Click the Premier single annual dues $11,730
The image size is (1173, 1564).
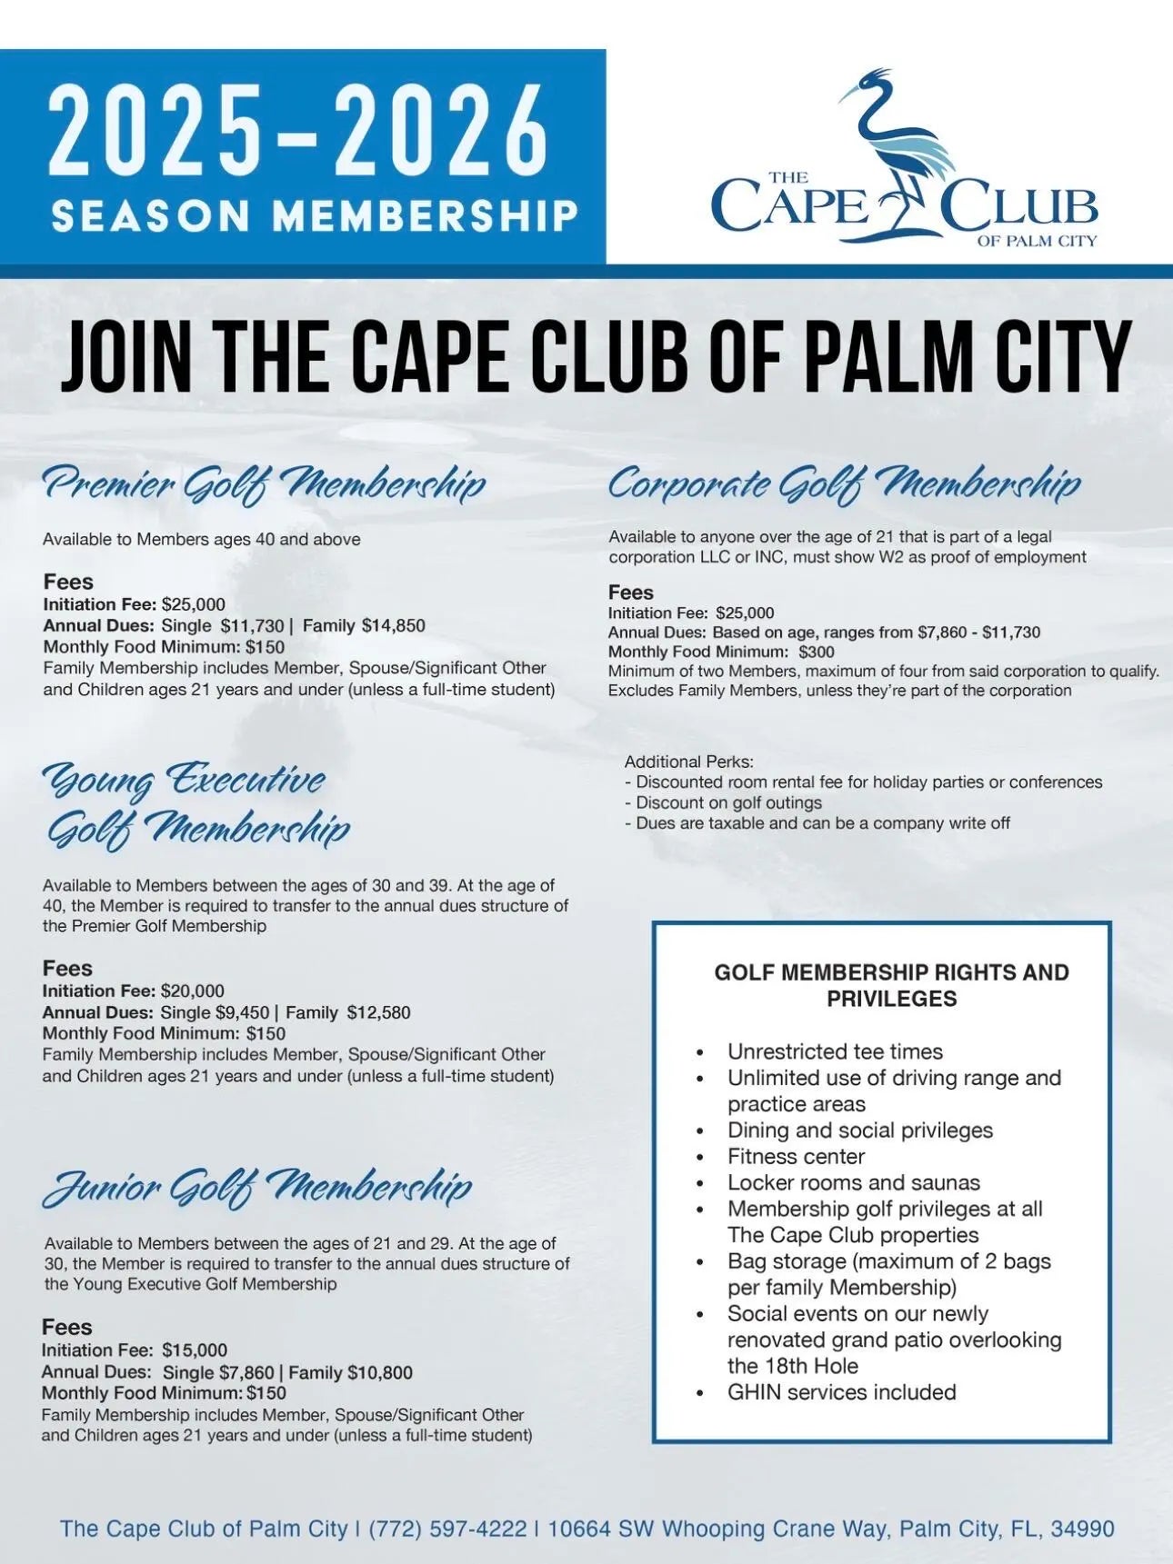(252, 625)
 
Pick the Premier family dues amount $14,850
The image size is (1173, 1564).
(393, 625)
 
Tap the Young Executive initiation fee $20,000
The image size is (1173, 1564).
(193, 991)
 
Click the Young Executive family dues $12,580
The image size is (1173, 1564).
(378, 1012)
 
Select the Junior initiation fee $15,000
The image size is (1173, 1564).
(195, 1350)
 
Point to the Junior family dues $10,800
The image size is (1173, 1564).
(380, 1372)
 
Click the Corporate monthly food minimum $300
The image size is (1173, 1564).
(816, 652)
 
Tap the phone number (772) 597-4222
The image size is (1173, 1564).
(447, 1529)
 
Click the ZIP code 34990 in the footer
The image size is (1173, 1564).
(1082, 1529)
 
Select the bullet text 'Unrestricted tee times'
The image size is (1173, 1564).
(835, 1051)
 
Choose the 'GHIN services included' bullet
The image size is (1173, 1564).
(841, 1392)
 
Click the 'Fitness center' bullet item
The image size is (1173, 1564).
(796, 1157)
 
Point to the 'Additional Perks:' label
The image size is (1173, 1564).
(689, 762)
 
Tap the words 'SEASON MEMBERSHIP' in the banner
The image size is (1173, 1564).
(315, 216)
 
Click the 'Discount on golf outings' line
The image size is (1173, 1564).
(728, 802)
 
